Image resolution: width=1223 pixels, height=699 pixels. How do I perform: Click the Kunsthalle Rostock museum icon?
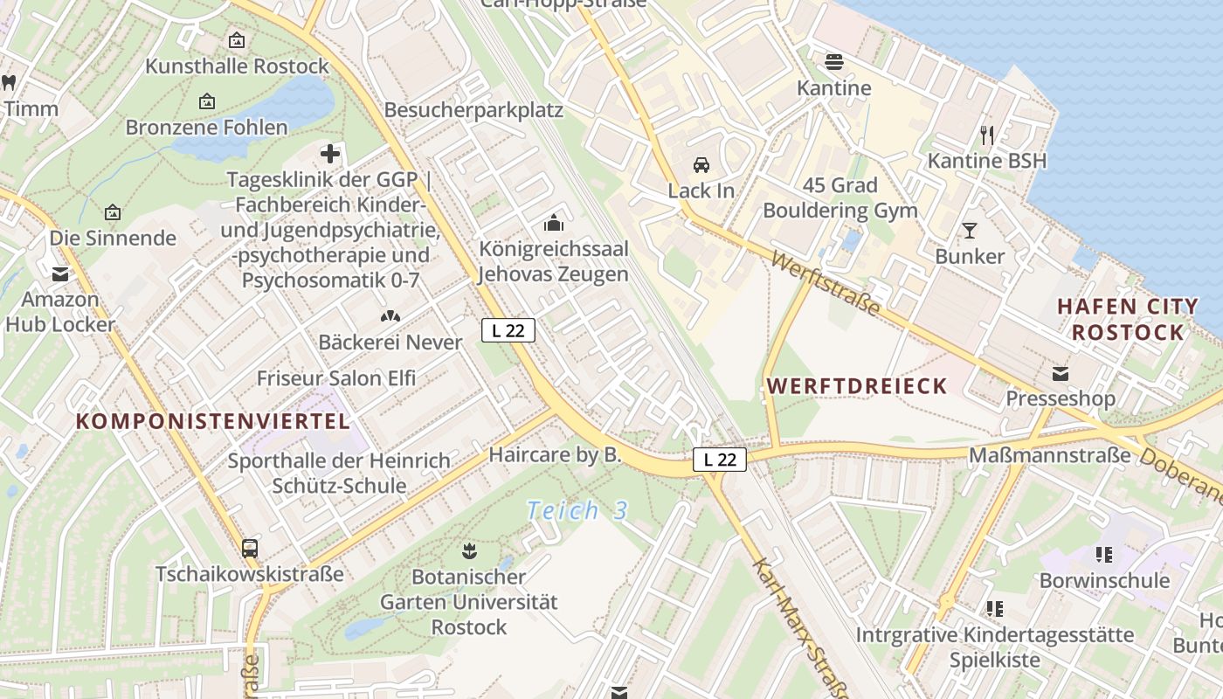coord(236,40)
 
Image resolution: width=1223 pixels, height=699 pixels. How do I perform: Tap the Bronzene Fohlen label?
coord(206,128)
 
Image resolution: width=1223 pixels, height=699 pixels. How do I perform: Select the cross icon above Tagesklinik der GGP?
coord(330,155)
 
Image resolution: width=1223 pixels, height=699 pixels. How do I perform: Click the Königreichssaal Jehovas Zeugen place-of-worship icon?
coord(554,224)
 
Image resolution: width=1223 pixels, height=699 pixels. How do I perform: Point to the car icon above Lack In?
coord(701,165)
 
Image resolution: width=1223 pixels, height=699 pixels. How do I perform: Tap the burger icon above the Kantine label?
coord(834,62)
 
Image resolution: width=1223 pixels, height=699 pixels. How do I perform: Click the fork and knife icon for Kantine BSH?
coord(987,135)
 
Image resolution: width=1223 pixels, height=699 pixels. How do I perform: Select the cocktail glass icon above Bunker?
coord(970,231)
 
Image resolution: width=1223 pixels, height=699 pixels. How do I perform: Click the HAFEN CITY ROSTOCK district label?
coord(1128,319)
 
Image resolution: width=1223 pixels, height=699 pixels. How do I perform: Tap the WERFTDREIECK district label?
coord(857,386)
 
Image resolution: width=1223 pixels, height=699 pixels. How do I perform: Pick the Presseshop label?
coord(1061,398)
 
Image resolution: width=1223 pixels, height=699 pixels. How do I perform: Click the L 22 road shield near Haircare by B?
coord(720,460)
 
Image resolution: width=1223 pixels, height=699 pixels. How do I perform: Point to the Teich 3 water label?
coord(577,510)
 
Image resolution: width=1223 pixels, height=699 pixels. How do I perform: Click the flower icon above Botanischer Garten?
coord(468,550)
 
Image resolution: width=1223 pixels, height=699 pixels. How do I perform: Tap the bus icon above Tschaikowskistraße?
coord(250,549)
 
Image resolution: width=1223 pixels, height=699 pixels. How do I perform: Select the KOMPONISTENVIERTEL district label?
coord(212,421)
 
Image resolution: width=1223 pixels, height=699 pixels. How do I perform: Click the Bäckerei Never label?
coord(390,342)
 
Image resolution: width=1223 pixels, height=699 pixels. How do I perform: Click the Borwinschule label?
coord(1104,580)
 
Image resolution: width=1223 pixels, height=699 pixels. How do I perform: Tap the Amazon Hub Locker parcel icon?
coord(60,273)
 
